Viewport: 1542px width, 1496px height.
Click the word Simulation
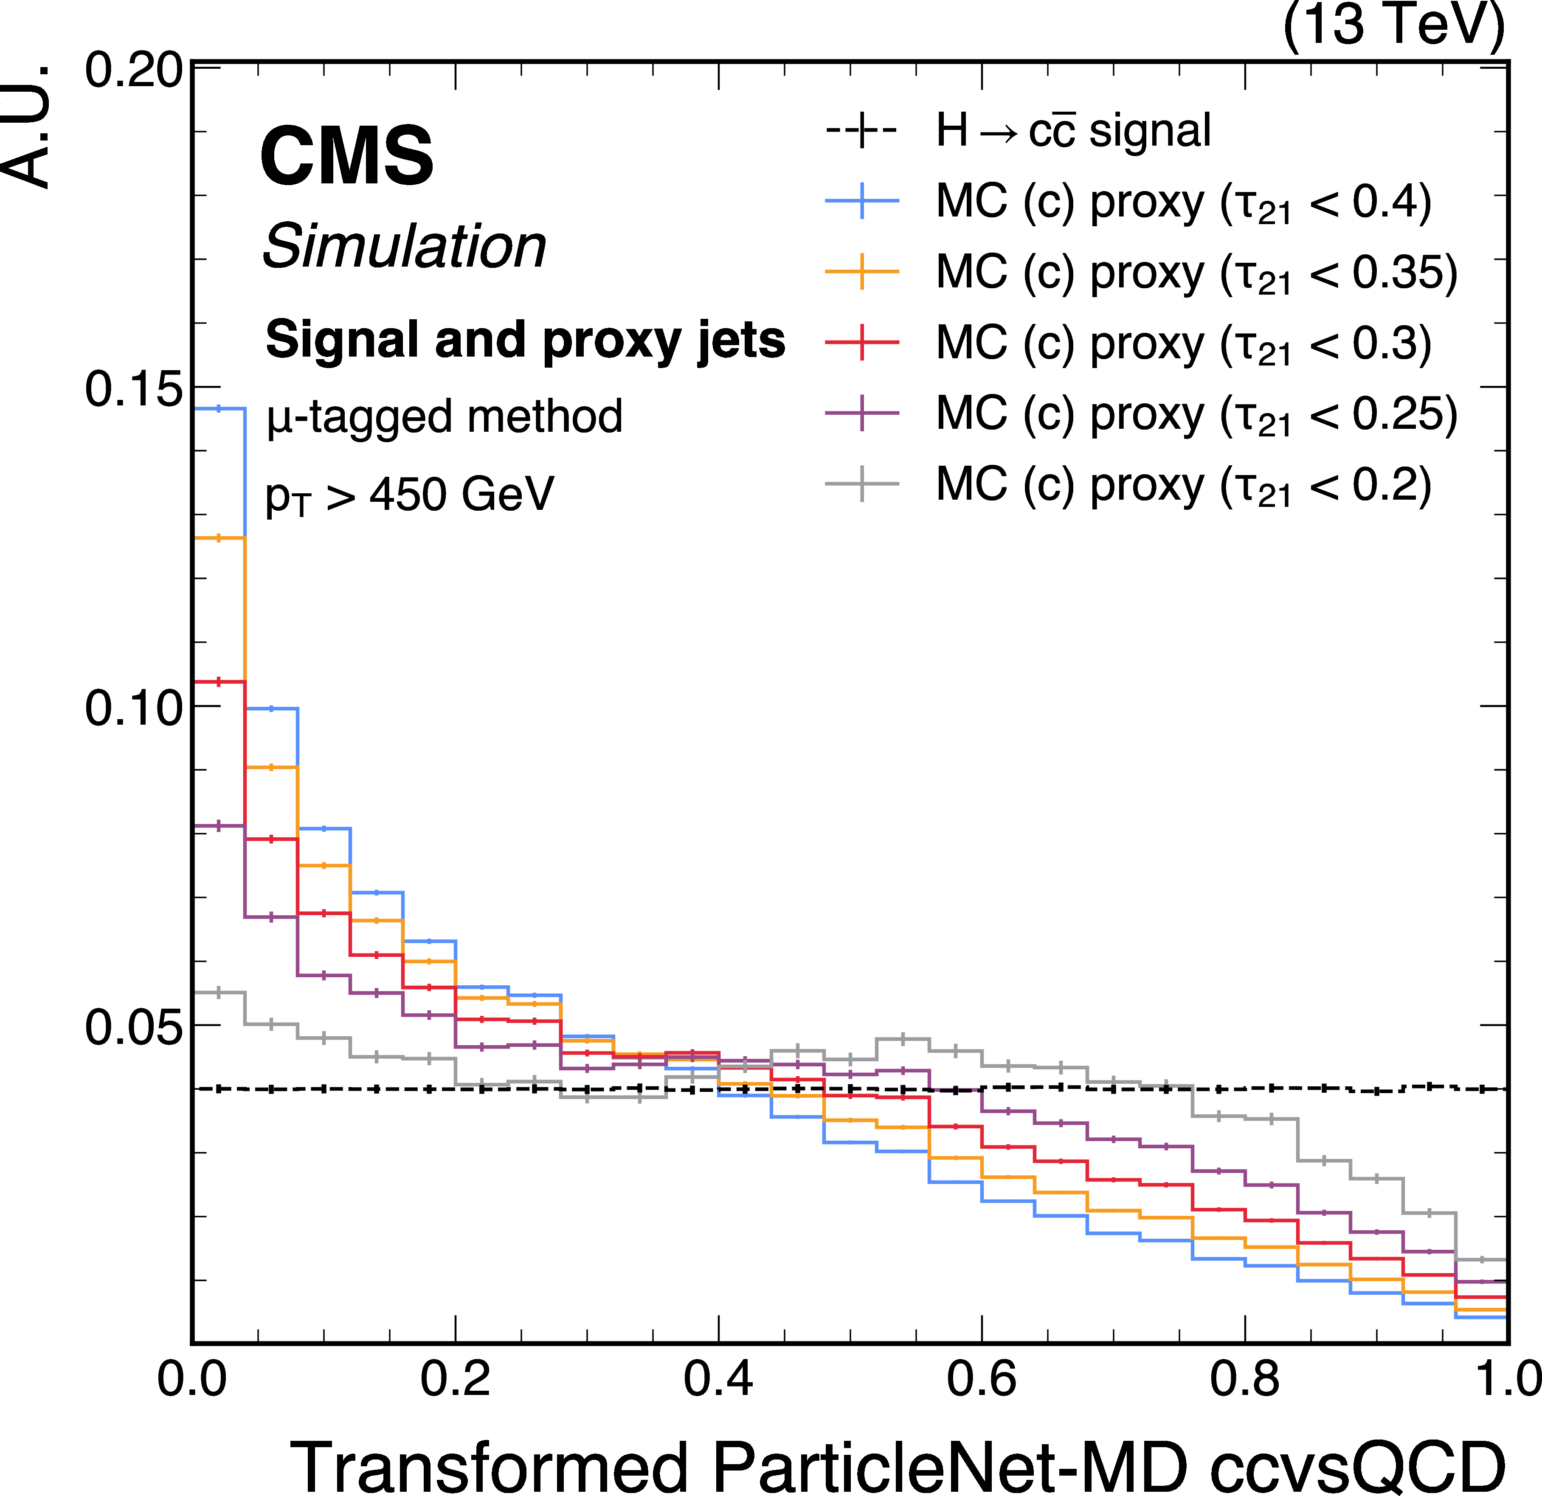pos(404,246)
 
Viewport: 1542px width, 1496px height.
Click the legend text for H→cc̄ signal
pos(1073,131)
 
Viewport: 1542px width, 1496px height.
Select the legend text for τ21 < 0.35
pos(1196,273)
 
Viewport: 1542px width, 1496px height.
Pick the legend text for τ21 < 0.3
pos(1182,344)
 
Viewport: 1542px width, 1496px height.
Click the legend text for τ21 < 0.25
pos(1196,414)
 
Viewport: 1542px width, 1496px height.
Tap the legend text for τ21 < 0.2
pos(1182,484)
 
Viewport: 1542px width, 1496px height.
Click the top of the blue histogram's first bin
pos(219,408)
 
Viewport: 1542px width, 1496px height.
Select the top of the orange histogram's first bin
pos(219,538)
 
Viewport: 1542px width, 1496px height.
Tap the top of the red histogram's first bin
pos(219,681)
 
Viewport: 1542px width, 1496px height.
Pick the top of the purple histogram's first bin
pos(219,825)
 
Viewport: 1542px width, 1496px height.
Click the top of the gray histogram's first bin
pos(219,993)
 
